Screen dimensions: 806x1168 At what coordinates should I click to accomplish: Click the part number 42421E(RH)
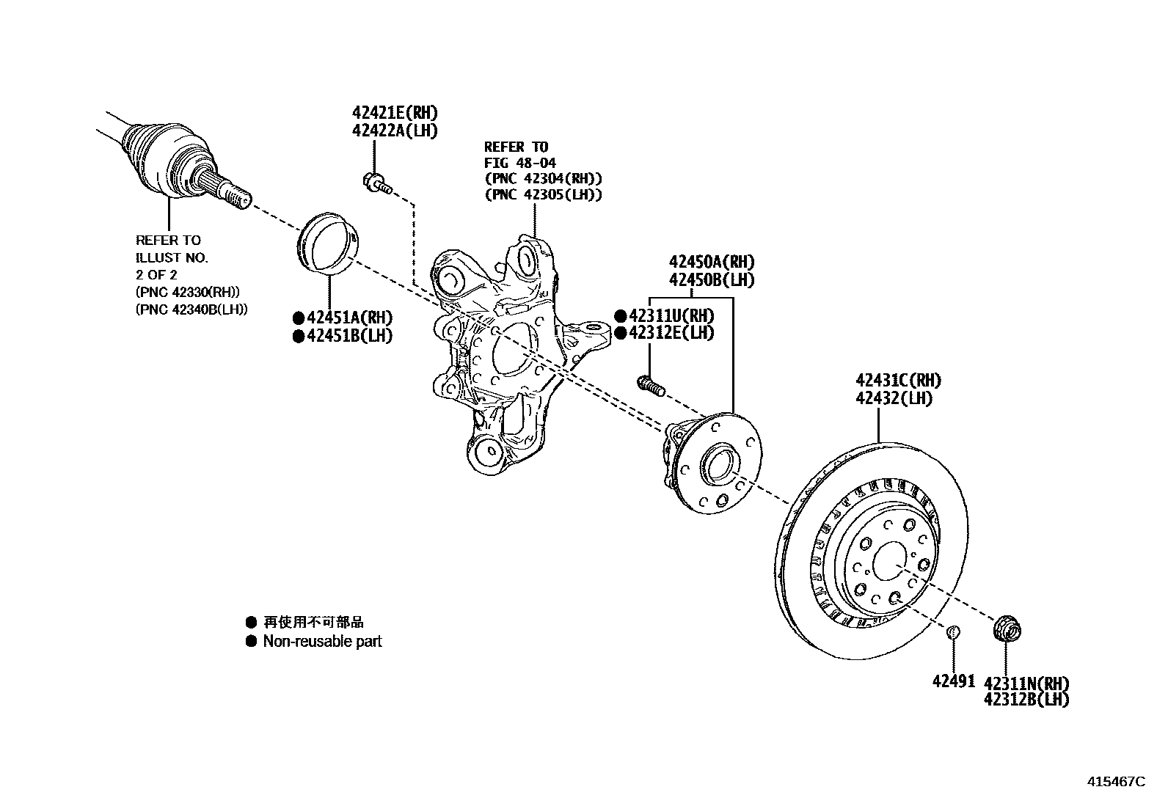tap(394, 113)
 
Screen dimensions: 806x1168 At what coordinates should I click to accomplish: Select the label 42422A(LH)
tap(394, 131)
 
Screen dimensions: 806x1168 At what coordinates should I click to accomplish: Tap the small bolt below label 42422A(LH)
tap(376, 181)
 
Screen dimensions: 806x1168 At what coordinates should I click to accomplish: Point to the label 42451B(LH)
tap(348, 335)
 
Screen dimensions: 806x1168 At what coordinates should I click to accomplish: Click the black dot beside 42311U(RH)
tap(620, 316)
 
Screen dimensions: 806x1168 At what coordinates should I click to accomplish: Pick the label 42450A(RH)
tap(711, 262)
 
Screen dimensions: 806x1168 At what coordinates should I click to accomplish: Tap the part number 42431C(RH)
tap(898, 381)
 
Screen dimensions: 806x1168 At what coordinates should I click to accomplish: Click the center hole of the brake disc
tap(890, 560)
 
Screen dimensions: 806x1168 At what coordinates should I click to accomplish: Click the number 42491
tap(954, 681)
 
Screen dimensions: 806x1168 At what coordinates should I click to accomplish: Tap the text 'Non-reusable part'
tap(322, 642)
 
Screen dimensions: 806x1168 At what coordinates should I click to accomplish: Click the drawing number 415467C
tap(1115, 782)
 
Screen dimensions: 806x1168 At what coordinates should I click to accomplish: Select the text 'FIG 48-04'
tap(519, 163)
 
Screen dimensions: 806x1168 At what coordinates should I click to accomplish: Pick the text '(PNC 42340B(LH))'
tap(191, 309)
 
